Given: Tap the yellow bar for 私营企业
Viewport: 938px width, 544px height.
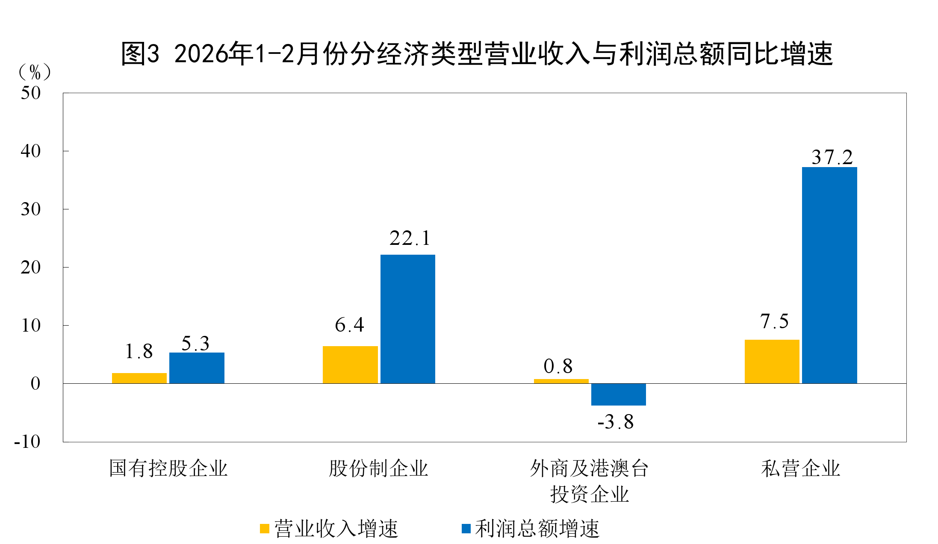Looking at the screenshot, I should [x=772, y=362].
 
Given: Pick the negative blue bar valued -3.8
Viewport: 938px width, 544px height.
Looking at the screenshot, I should [x=618, y=394].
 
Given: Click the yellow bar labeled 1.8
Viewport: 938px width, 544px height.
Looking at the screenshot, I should [x=139, y=378].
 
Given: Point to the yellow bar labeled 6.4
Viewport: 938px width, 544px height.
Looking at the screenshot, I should [x=350, y=365].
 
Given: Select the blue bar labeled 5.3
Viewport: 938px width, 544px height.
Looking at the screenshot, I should [x=197, y=368].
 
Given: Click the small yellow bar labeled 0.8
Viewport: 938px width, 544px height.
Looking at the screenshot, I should [x=561, y=381].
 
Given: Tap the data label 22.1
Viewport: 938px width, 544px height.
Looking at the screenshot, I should [x=410, y=238].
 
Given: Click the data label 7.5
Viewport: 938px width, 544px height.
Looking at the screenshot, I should [x=774, y=321].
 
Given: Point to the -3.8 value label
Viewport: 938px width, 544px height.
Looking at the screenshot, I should [x=615, y=422].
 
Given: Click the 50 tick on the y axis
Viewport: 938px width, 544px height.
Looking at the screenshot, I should [x=31, y=93].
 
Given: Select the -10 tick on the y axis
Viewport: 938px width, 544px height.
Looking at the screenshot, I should [x=27, y=441].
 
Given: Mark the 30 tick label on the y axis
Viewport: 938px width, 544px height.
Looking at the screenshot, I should [x=31, y=209].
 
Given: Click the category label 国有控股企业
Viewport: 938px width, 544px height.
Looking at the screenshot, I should [x=168, y=468].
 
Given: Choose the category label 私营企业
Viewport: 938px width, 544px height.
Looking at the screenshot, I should [x=800, y=468].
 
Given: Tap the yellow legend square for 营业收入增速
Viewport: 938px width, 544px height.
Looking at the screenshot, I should [x=265, y=529].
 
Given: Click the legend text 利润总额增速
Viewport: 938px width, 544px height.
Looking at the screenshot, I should [x=537, y=529].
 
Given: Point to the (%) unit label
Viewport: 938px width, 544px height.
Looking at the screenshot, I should [x=35, y=72].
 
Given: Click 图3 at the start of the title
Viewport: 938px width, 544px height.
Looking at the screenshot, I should [x=140, y=54].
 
